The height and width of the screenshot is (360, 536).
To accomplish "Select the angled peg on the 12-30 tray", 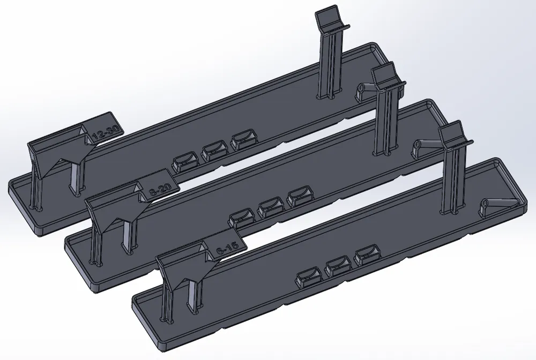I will (367, 89).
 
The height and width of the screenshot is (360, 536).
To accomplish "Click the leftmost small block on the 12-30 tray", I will (184, 161).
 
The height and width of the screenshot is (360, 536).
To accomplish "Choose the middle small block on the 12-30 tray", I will (214, 152).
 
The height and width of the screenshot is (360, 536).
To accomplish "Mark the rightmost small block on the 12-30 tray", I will (243, 141).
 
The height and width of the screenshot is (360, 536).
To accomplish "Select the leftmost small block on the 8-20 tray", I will (242, 217).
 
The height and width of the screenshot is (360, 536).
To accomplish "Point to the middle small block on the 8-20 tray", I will (271, 207).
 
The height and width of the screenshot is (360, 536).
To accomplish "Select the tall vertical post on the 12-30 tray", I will (330, 64).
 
